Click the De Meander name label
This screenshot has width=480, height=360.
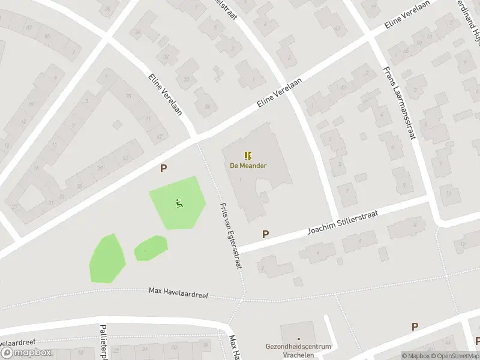[248, 166]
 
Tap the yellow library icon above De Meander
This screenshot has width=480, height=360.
[248, 155]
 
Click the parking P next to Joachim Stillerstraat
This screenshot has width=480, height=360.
[265, 234]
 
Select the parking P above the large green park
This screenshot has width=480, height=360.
[163, 169]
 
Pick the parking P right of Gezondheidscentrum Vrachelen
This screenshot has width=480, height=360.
[415, 327]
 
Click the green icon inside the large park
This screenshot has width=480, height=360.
[179, 205]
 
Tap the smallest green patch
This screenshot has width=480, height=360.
[150, 248]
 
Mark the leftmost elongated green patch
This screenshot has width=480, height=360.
[107, 259]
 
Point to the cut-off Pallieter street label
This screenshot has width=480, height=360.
[103, 338]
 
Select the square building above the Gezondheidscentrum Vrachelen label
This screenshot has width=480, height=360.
[298, 332]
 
